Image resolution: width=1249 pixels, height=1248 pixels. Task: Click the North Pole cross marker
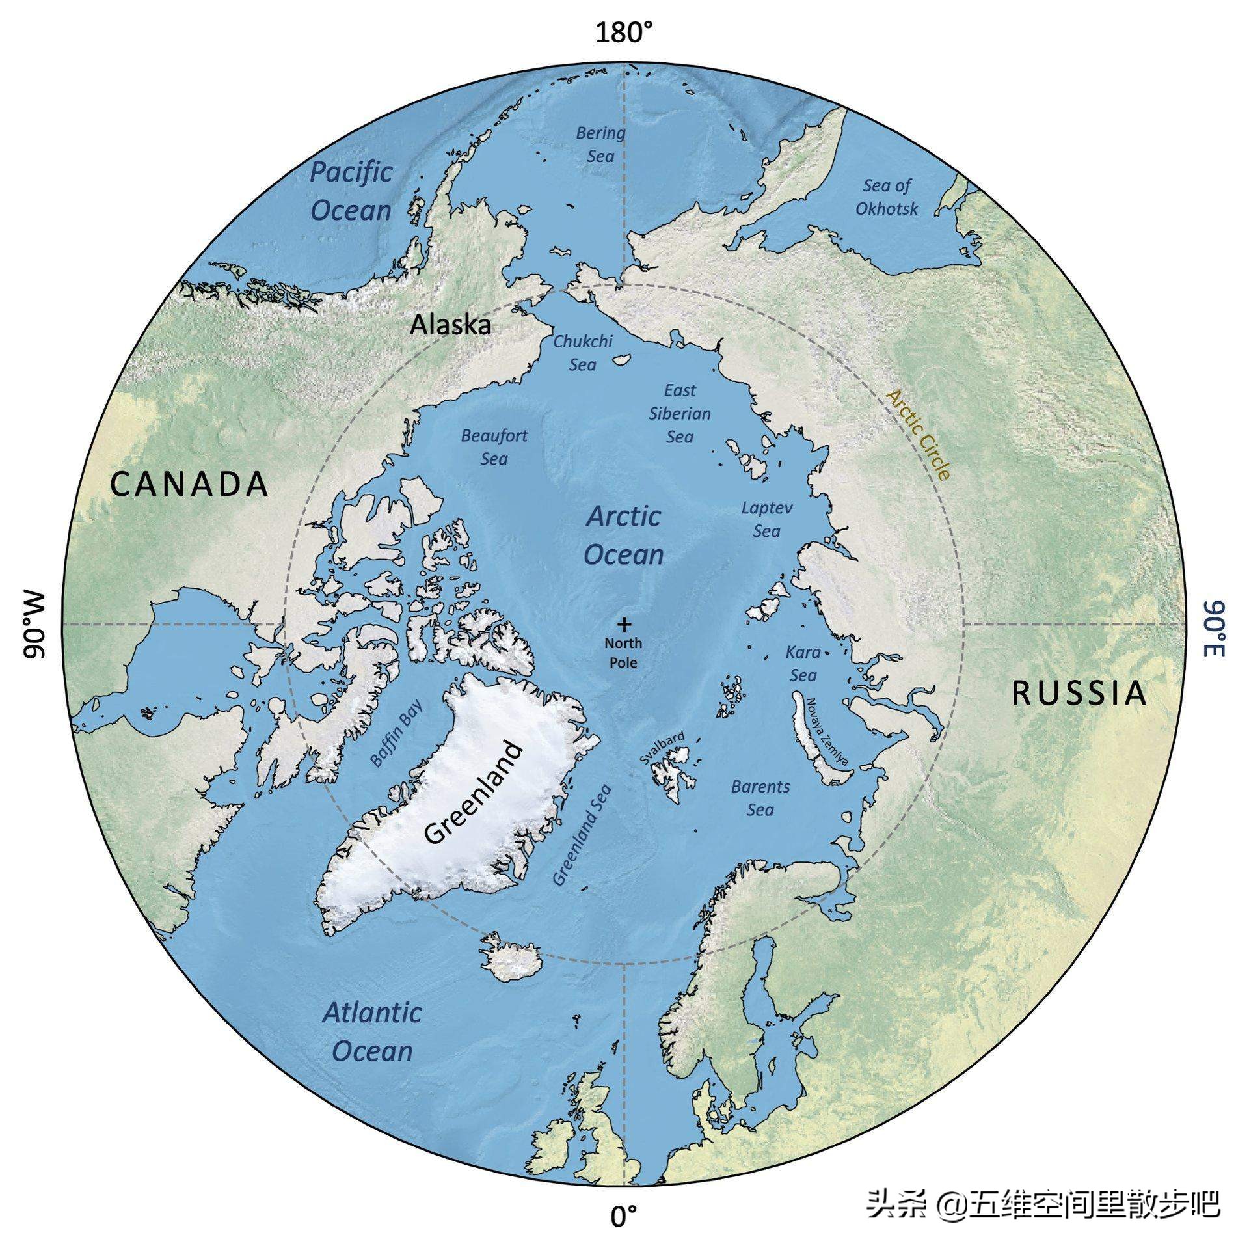click(x=624, y=625)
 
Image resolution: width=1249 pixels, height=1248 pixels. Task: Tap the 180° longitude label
click(x=624, y=31)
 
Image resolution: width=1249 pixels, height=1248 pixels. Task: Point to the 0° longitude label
click(x=624, y=1215)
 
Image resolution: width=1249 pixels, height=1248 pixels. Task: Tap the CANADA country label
click(x=189, y=485)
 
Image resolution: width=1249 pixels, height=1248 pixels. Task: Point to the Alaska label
click(x=450, y=325)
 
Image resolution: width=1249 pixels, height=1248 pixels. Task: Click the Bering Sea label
click(x=600, y=144)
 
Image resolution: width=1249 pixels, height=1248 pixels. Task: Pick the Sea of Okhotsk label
click(x=887, y=197)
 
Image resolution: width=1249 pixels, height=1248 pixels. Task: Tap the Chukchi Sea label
click(x=583, y=353)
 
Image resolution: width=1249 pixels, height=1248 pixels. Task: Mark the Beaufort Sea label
click(x=494, y=447)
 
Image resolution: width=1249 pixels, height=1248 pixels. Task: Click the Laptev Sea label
click(x=767, y=519)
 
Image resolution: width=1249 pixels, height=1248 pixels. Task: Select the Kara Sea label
click(x=803, y=664)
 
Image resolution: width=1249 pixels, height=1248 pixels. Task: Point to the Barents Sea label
click(x=760, y=798)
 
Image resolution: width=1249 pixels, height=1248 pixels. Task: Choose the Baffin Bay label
click(x=396, y=732)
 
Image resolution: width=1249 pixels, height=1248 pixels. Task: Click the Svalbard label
click(x=662, y=748)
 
